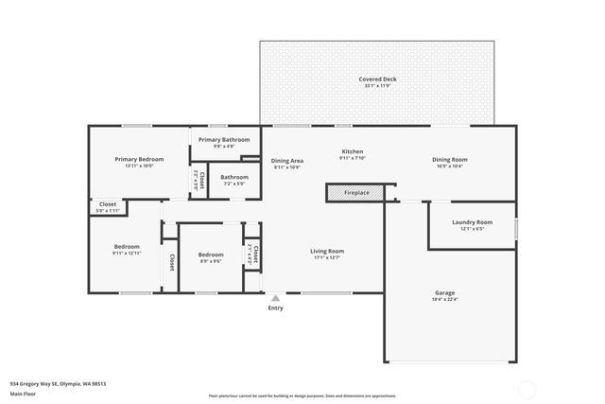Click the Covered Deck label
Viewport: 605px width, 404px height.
pos(377,79)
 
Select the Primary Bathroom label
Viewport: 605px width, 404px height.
pos(224,140)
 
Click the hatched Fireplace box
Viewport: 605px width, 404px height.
pos(356,192)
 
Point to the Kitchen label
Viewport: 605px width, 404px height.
pos(353,151)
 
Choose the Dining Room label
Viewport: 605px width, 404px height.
pos(450,159)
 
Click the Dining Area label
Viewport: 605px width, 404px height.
pos(287,160)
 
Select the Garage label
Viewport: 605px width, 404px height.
pos(445,292)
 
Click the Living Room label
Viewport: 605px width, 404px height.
pos(328,251)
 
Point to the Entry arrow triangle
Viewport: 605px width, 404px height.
pos(275,297)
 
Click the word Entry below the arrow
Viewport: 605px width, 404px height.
pos(275,307)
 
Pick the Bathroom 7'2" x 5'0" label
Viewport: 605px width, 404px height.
pos(234,177)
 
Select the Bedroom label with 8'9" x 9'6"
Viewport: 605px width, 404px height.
pos(211,255)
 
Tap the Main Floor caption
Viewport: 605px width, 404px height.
pos(22,396)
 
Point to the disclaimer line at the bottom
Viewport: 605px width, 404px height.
pos(302,395)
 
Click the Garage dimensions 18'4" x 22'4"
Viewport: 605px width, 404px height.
pos(445,299)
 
